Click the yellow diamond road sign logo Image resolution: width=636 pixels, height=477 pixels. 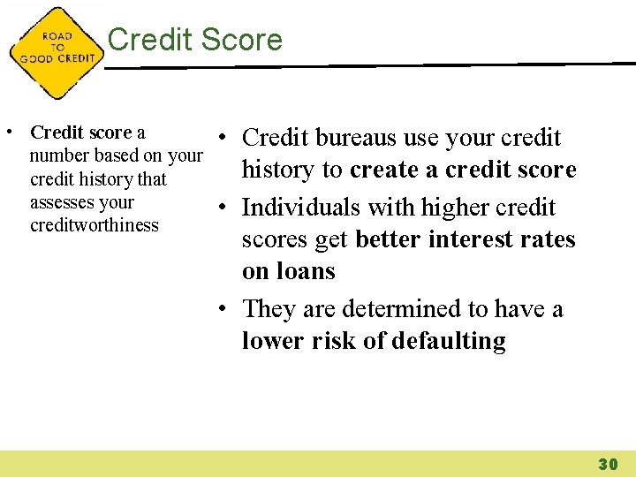(55, 53)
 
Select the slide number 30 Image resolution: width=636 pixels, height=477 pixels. (607, 464)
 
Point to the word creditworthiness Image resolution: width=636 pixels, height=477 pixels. (95, 225)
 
